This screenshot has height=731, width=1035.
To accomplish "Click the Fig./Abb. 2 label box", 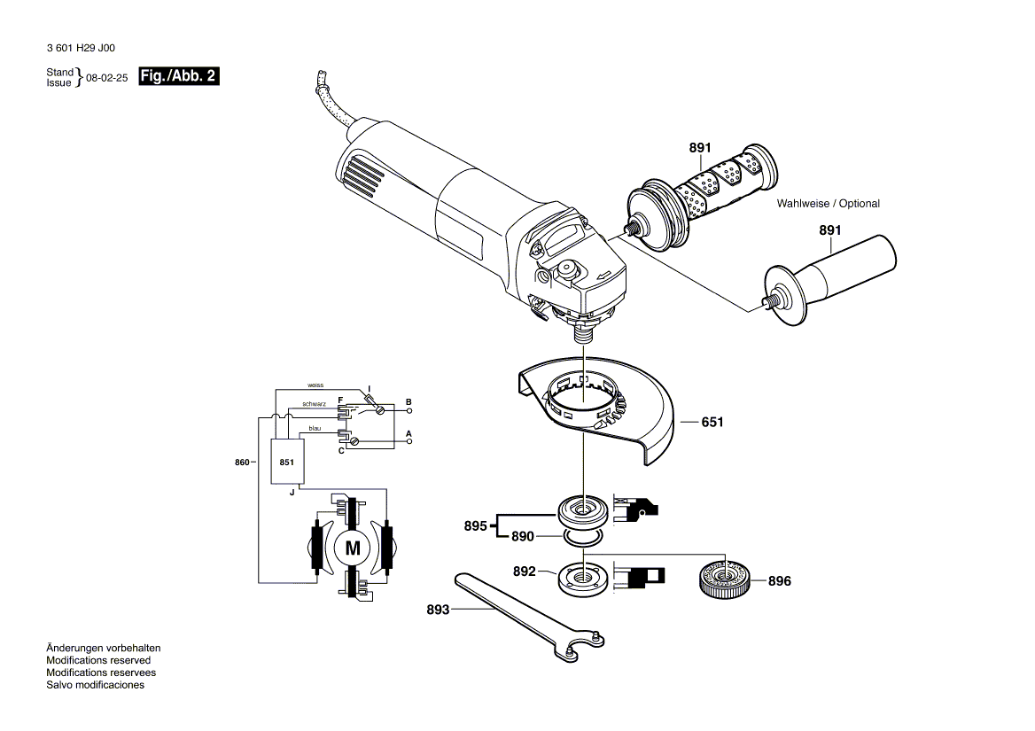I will point(179,77).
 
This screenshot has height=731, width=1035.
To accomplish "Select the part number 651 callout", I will point(712,423).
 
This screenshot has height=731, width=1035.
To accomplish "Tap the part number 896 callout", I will point(779,582).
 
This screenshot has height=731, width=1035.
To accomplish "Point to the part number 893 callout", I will point(438,610).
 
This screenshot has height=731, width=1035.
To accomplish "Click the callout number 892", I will point(525,572).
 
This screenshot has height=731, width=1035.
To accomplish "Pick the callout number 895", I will point(475,526).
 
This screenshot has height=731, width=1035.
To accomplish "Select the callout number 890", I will point(522,537).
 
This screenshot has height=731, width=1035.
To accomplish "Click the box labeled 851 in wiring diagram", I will point(286,463).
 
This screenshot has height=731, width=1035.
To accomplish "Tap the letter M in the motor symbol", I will point(353,548).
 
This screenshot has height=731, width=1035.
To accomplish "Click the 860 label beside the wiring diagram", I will point(242,462).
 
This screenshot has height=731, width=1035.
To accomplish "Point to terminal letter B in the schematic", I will point(409,402).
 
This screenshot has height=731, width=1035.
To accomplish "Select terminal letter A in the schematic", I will point(409,433).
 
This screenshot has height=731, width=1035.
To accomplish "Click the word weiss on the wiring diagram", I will point(315,385).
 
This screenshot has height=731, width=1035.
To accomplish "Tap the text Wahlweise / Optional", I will point(828,204).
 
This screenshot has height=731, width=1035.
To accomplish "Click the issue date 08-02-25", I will point(107,78).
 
